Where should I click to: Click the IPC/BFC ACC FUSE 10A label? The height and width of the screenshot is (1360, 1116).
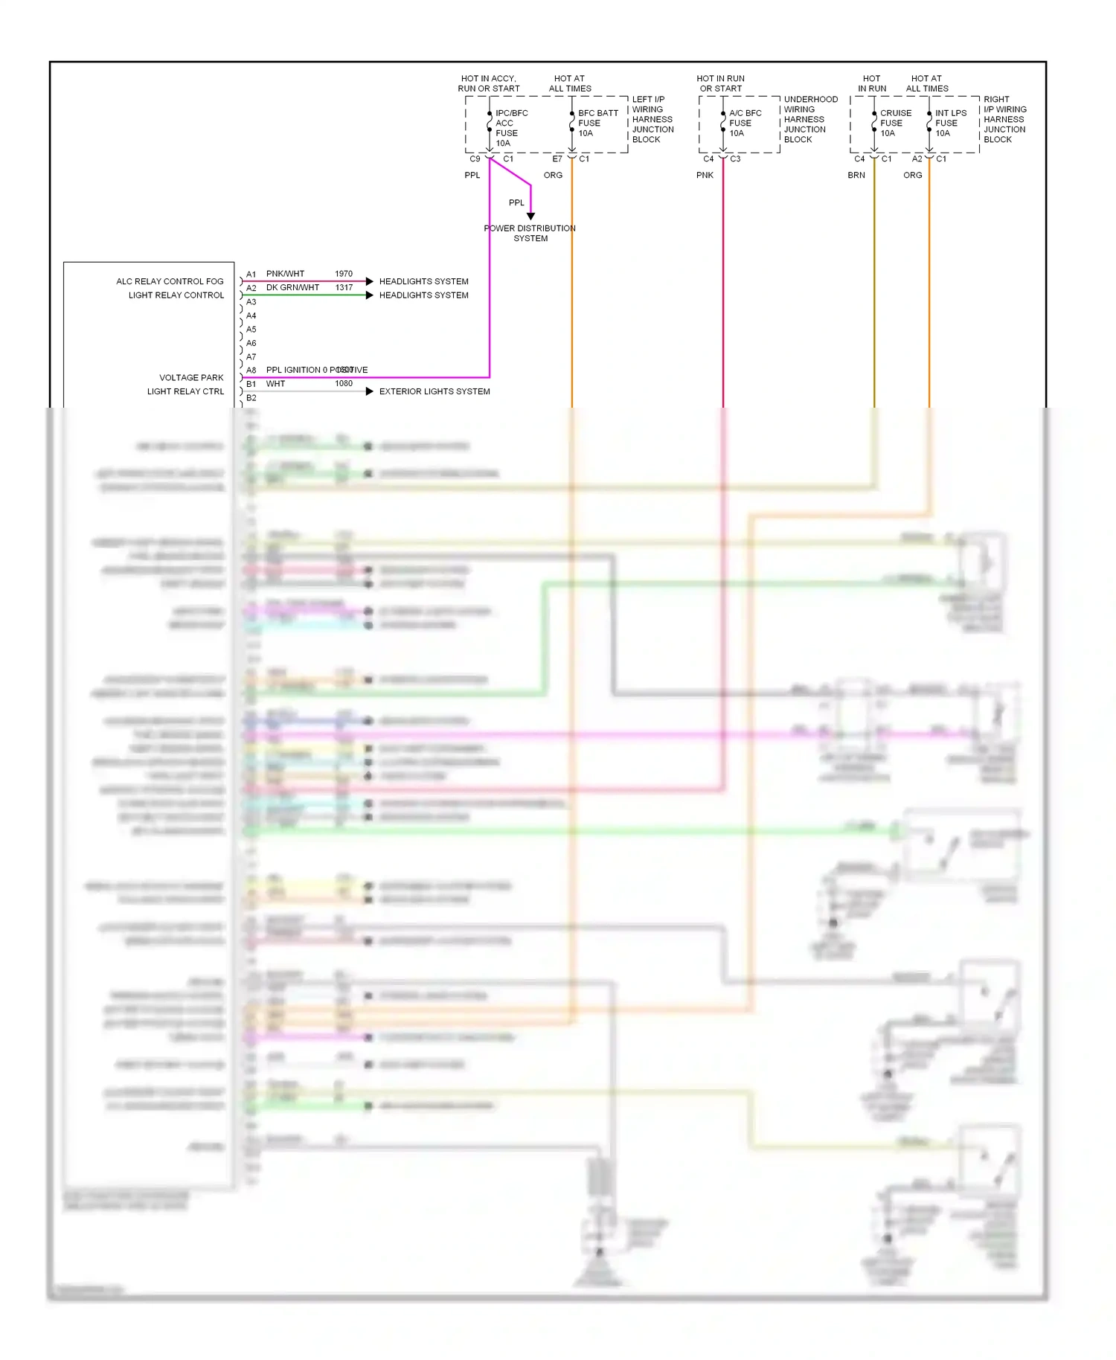click(x=511, y=128)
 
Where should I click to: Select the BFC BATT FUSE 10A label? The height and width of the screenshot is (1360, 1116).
click(x=597, y=124)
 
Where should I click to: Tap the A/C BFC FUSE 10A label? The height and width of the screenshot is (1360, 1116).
click(x=745, y=124)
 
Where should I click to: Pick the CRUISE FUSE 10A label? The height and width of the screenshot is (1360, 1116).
click(x=895, y=124)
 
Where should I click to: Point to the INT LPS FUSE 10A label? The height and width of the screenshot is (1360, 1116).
click(x=950, y=124)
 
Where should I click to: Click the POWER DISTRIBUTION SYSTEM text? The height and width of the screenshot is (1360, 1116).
click(x=530, y=234)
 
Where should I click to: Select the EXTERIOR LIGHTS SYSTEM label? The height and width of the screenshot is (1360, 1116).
click(x=434, y=391)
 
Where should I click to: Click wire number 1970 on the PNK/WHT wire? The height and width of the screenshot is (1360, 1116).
click(x=344, y=274)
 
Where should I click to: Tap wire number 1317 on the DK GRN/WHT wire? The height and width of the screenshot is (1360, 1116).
click(x=344, y=288)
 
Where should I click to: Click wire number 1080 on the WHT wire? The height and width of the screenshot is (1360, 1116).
click(x=344, y=384)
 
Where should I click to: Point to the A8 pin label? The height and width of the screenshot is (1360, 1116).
click(x=251, y=371)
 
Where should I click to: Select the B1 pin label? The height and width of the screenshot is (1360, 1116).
click(x=251, y=385)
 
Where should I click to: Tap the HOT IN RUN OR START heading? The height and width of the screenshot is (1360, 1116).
click(x=720, y=83)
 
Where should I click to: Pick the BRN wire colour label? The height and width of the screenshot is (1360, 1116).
click(x=856, y=176)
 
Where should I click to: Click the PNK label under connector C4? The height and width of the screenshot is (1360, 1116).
click(x=705, y=176)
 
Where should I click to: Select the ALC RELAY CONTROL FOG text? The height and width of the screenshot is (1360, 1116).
click(x=170, y=281)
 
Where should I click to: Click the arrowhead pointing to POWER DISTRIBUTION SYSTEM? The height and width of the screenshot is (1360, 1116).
click(x=530, y=216)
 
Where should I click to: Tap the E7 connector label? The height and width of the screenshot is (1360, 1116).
click(x=557, y=159)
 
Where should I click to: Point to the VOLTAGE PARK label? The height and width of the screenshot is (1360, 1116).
click(x=191, y=378)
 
